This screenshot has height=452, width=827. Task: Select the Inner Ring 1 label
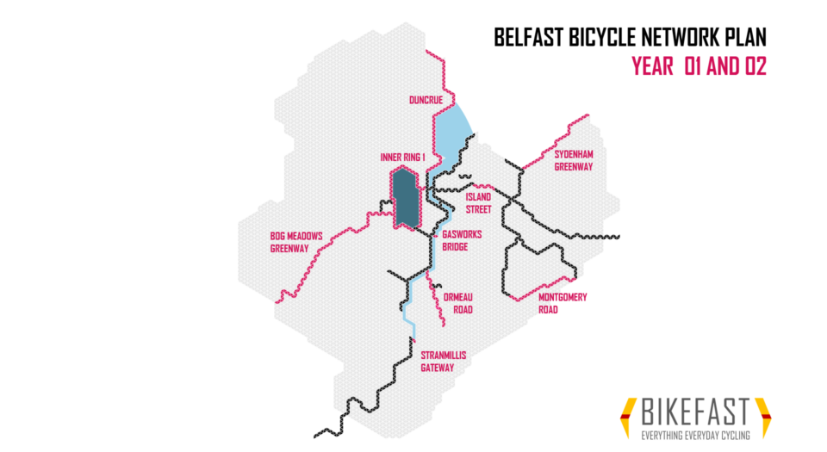pos(399,158)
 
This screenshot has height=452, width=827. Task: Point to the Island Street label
pos(479,202)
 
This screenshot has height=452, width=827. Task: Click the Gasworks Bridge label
pos(462,240)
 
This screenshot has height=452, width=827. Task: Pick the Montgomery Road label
pos(562,303)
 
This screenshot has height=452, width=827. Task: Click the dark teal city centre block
pos(404,199)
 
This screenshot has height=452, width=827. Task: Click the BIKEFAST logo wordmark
pos(695,412)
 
